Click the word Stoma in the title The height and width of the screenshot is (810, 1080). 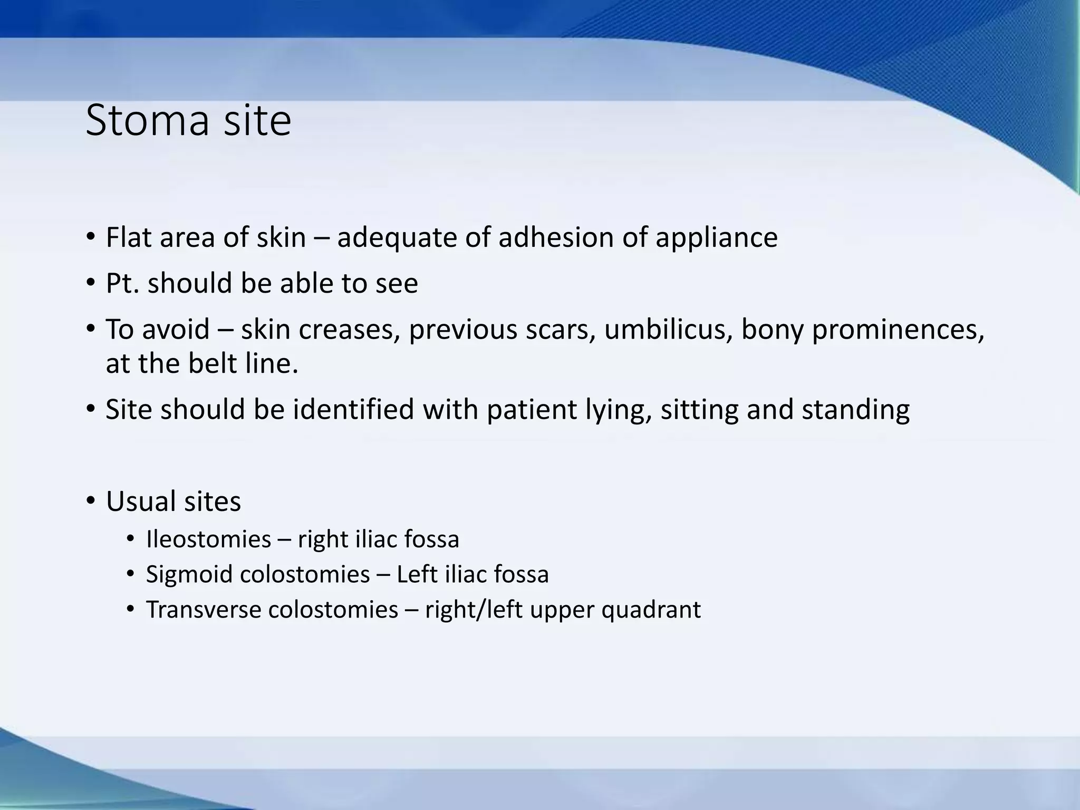(x=148, y=121)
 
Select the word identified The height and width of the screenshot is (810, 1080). (x=353, y=410)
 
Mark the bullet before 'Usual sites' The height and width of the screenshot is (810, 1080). (x=91, y=500)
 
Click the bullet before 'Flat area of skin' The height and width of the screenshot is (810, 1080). (x=91, y=237)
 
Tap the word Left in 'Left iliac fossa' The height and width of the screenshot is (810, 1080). (x=416, y=574)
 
